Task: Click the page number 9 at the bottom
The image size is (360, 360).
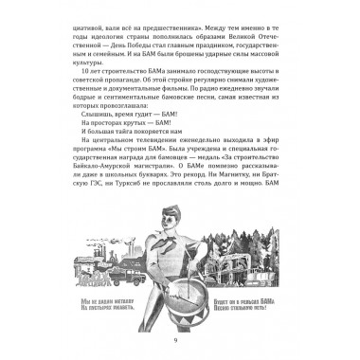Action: (180, 340)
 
